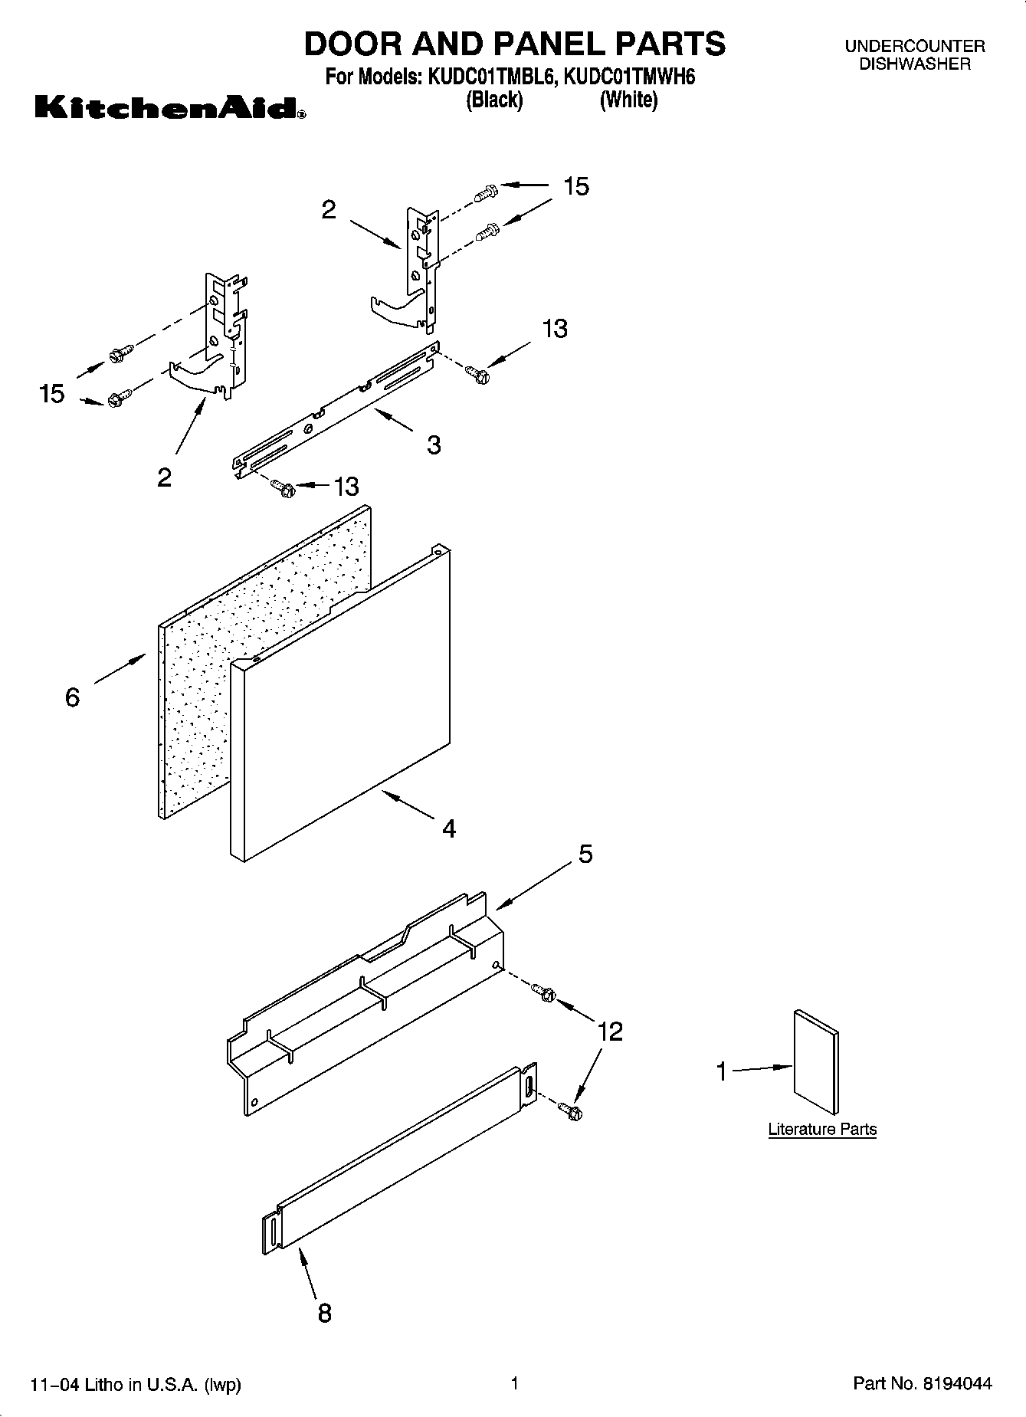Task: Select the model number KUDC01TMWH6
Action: [x=629, y=77]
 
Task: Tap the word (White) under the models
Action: [x=628, y=100]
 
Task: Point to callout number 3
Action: [x=434, y=445]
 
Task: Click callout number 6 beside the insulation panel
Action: [x=72, y=697]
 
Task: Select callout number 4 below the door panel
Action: [x=449, y=828]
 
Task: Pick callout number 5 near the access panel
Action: [x=585, y=854]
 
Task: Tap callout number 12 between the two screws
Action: [x=610, y=1032]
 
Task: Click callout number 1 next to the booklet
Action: [x=721, y=1071]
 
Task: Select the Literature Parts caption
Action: [x=822, y=1129]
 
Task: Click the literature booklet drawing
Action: [x=816, y=1061]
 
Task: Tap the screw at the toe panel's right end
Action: [x=569, y=1110]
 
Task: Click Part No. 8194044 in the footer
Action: [x=923, y=1384]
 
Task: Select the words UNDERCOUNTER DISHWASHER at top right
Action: [x=915, y=55]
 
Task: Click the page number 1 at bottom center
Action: [x=515, y=1383]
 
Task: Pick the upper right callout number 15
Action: [x=576, y=186]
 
